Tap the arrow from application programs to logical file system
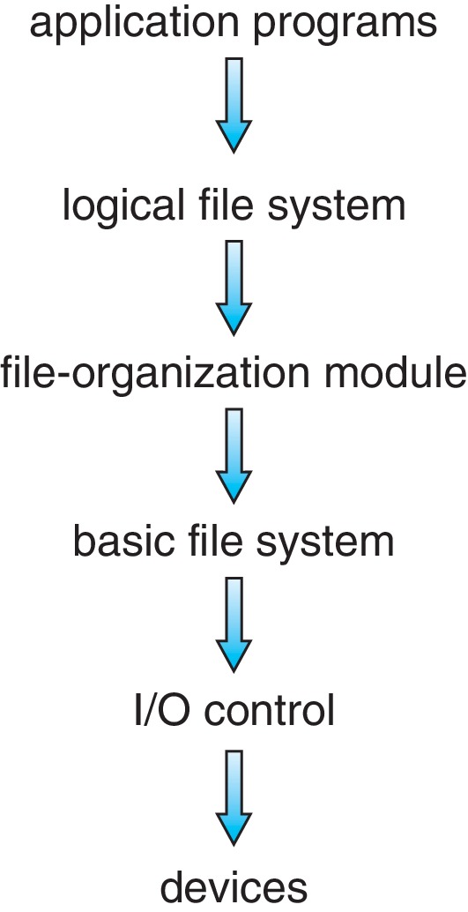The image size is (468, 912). pyautogui.click(x=234, y=105)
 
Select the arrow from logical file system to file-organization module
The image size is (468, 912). pyautogui.click(x=234, y=288)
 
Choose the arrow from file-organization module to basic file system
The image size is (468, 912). pyautogui.click(x=234, y=455)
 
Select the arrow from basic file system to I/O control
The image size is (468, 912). pyautogui.click(x=234, y=624)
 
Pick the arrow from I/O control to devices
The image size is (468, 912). pyautogui.click(x=234, y=796)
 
